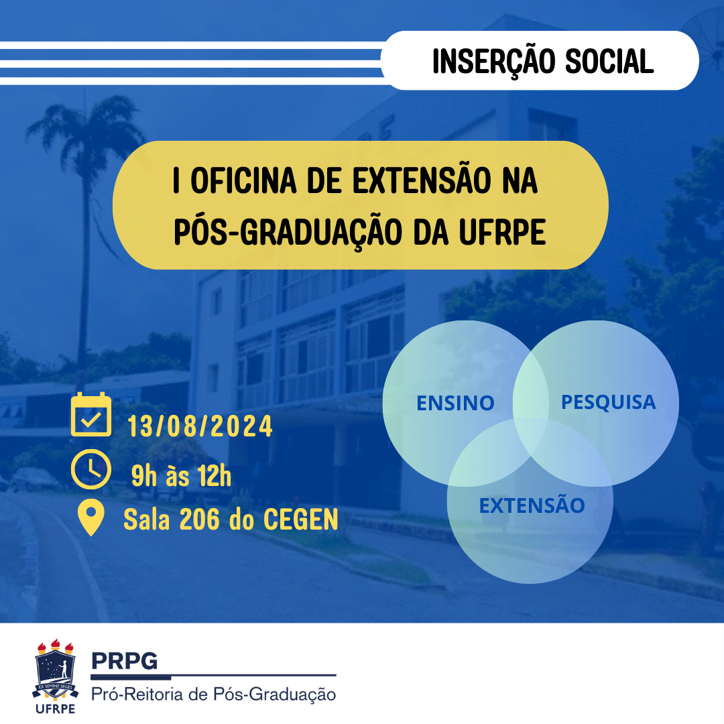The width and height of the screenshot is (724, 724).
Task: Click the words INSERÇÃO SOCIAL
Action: coord(542,62)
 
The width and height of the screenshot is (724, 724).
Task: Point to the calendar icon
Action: coord(90,414)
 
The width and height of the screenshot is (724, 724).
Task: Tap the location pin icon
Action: coord(90,518)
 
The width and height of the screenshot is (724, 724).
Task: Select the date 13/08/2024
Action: coord(200,426)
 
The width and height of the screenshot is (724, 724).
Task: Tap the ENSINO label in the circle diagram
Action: coord(455,403)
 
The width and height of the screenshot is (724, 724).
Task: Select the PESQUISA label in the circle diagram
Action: coord(607,402)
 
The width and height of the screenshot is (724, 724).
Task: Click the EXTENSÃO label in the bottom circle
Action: coord(532,505)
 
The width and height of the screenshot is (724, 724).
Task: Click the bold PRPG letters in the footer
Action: coord(124,661)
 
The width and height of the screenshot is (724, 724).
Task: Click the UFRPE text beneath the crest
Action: coord(56,709)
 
